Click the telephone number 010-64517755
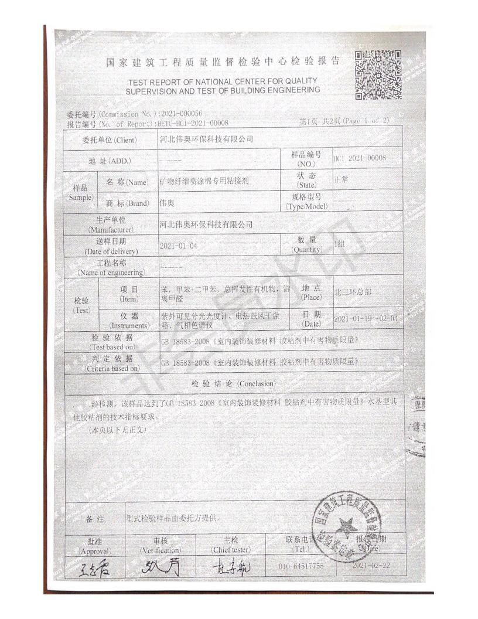click(x=302, y=567)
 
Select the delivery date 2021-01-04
click(x=178, y=246)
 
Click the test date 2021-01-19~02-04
click(x=365, y=318)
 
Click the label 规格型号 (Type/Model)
click(x=307, y=202)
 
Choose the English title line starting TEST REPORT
click(x=223, y=85)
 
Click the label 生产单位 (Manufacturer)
click(x=110, y=224)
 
